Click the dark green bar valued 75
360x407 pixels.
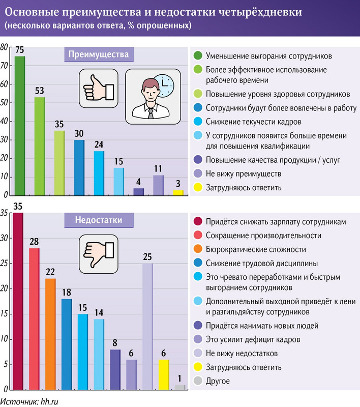click(20, 126)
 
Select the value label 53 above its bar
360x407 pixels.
click(39, 91)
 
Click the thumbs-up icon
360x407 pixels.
click(98, 89)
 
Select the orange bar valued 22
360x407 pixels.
click(50, 334)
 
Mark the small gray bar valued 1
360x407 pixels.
click(180, 387)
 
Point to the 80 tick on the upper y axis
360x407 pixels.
click(5, 47)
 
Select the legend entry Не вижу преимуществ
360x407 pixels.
click(245, 174)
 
